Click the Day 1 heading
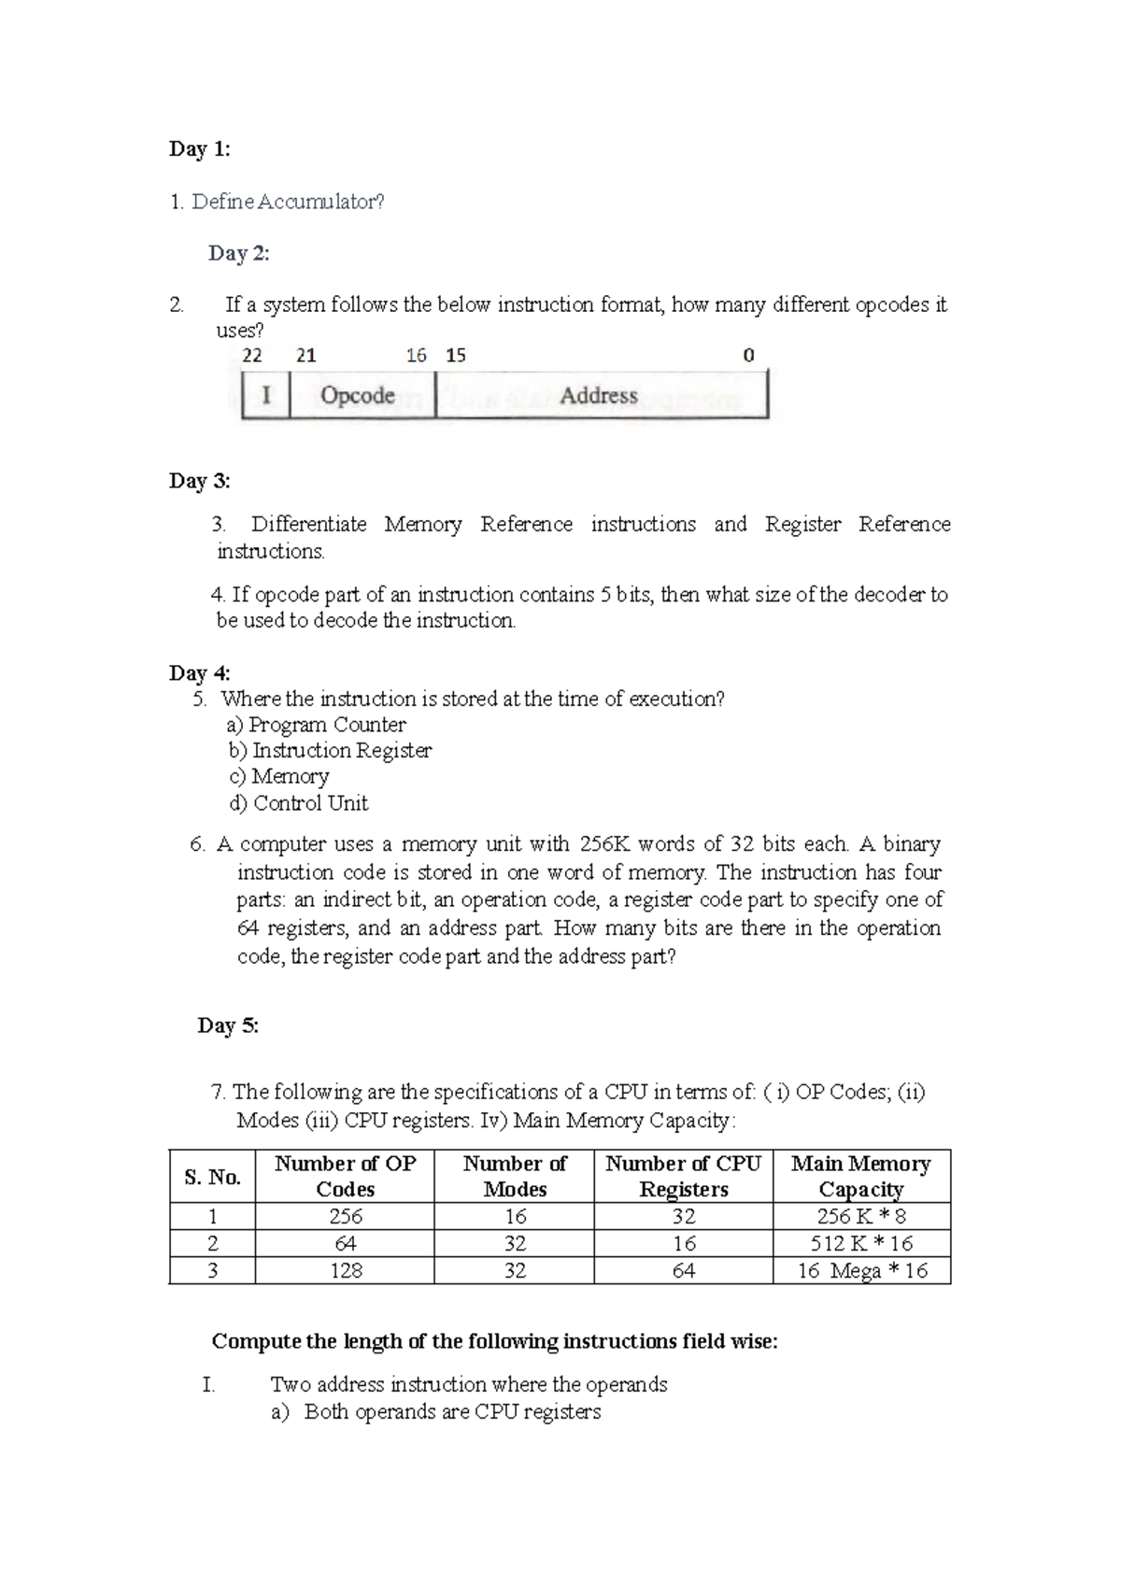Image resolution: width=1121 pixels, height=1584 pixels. [199, 149]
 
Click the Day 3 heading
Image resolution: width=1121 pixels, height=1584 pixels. [199, 481]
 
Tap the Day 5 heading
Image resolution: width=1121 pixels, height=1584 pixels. [228, 1025]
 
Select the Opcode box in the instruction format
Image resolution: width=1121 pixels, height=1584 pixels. [358, 395]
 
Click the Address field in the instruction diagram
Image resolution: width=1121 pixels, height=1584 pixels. [599, 395]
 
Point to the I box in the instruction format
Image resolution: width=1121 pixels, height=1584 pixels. [266, 395]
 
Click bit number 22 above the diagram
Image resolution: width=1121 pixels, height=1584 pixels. [252, 356]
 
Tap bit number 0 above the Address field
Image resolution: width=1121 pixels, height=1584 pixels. [748, 356]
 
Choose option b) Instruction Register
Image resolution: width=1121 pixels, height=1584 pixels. [330, 751]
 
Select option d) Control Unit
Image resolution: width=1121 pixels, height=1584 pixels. [299, 803]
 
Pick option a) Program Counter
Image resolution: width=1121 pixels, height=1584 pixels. [317, 725]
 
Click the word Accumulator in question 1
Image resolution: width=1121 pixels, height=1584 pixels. [320, 202]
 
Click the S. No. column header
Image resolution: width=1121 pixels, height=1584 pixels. [213, 1177]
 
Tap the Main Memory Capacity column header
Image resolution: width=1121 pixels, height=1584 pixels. [861, 1177]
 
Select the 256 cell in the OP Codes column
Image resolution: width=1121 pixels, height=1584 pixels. [346, 1216]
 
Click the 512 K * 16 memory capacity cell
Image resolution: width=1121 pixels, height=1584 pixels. [861, 1243]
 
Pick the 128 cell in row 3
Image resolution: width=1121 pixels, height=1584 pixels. [346, 1270]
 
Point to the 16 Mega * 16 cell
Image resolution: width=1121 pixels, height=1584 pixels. [861, 1270]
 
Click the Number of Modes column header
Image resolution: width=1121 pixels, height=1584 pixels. [515, 1177]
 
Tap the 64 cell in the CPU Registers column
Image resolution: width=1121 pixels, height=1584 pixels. [684, 1270]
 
